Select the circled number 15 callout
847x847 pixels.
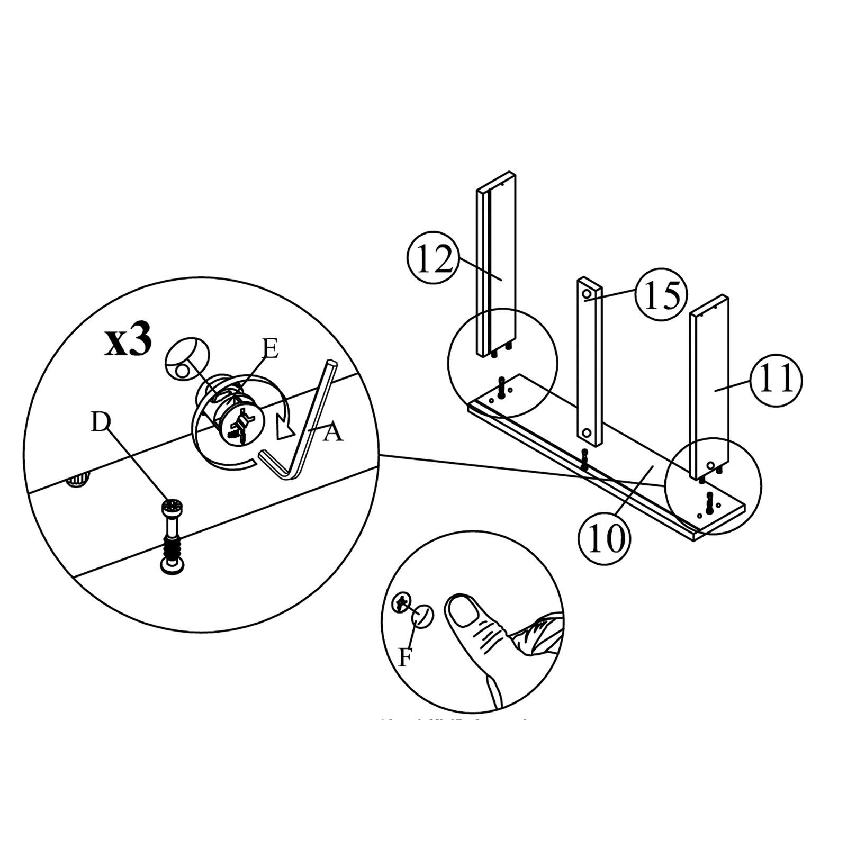click(660, 295)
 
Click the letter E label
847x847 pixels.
click(269, 350)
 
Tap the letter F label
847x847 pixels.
click(405, 658)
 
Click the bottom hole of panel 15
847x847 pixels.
click(586, 433)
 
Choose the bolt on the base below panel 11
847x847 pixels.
click(709, 500)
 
